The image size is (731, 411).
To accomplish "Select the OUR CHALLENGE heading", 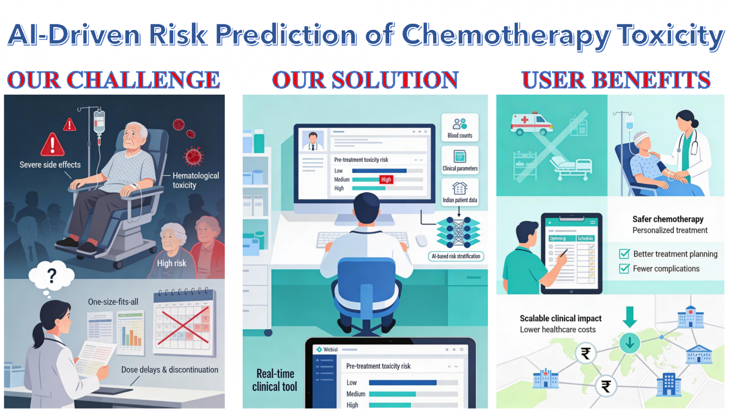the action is [x=114, y=80].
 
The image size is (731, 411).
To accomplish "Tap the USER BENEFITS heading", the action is [x=616, y=80].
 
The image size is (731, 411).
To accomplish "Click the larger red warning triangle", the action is [x=52, y=144].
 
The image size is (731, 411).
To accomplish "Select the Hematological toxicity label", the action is [x=196, y=180].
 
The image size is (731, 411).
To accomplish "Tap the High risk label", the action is [x=171, y=263].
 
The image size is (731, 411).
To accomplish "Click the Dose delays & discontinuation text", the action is [x=170, y=370].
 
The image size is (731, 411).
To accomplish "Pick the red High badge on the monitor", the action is [x=386, y=179].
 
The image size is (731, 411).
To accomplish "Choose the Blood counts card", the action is [x=460, y=127].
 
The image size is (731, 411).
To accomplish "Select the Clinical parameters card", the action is [x=460, y=160].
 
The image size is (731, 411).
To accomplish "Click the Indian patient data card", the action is [x=460, y=192].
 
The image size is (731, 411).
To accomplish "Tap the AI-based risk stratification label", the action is [x=455, y=256].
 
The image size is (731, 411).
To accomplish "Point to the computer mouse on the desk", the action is [x=421, y=240].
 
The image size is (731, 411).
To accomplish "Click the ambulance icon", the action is [x=532, y=123].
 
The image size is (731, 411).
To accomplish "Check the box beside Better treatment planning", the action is [x=624, y=254].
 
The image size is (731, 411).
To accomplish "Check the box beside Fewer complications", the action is [x=624, y=268].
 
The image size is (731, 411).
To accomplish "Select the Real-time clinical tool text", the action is [x=275, y=380].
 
